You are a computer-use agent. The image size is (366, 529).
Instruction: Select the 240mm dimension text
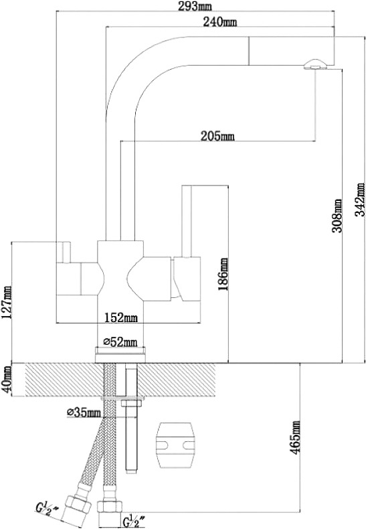click(x=219, y=22)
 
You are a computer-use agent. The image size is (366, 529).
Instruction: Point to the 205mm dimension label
click(x=217, y=137)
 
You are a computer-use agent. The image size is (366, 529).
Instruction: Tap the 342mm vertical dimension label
click(x=360, y=200)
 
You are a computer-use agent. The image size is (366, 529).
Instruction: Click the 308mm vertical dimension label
click(x=337, y=216)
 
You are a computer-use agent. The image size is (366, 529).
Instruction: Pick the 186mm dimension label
click(x=222, y=274)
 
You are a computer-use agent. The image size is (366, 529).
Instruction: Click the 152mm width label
click(x=120, y=317)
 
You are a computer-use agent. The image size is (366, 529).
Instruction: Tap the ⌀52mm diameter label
click(x=120, y=342)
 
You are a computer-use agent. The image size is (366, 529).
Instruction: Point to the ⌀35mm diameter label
click(x=84, y=412)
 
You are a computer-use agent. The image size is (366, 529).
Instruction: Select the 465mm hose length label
click(x=296, y=437)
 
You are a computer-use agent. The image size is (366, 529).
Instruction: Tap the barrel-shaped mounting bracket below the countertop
click(x=175, y=445)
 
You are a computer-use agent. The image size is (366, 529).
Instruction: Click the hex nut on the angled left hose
click(x=78, y=505)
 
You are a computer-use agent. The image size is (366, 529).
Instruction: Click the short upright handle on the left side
click(x=64, y=252)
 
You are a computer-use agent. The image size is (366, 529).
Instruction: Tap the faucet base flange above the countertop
click(x=120, y=355)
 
